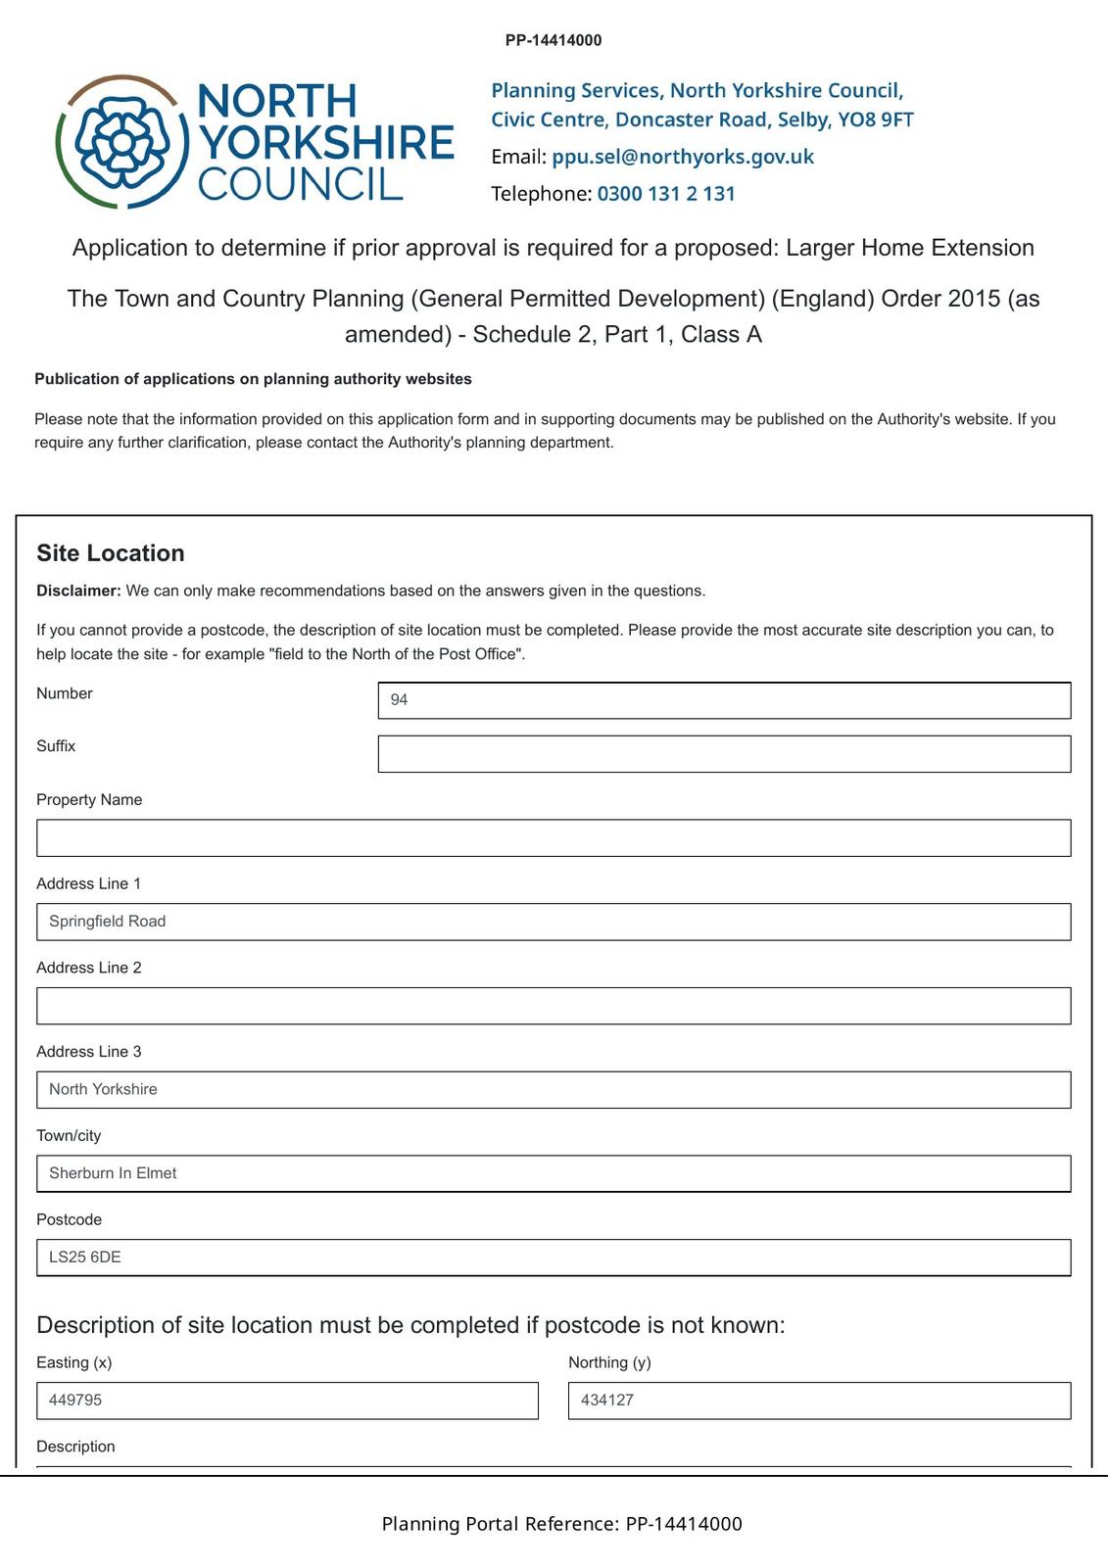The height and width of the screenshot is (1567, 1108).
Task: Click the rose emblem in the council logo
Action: [122, 142]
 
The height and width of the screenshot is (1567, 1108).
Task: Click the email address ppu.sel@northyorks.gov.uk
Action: [683, 157]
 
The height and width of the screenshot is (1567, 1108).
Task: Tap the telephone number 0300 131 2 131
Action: [666, 194]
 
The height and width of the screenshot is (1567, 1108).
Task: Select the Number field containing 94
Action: [724, 700]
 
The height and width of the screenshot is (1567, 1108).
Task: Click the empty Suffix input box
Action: [724, 754]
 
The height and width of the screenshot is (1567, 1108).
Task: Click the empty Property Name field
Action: [554, 838]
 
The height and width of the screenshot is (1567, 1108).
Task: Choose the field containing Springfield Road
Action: [554, 922]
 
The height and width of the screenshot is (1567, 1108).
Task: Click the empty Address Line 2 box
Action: [554, 1006]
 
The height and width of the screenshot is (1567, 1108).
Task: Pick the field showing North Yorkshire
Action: [554, 1090]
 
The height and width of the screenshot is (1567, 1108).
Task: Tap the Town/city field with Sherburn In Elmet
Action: [554, 1173]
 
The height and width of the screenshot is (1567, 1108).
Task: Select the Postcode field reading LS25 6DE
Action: [554, 1258]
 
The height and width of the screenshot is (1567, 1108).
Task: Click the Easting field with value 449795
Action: [287, 1401]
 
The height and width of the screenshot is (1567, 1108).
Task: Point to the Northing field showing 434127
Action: [819, 1401]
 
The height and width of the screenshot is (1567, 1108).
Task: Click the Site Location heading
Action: [111, 553]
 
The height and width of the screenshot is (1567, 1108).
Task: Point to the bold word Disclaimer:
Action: [78, 591]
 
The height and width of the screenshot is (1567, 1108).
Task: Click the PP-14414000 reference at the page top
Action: [554, 40]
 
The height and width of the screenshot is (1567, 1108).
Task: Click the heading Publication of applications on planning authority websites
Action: [253, 379]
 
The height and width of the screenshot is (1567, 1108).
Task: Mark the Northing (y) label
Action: [609, 1362]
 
